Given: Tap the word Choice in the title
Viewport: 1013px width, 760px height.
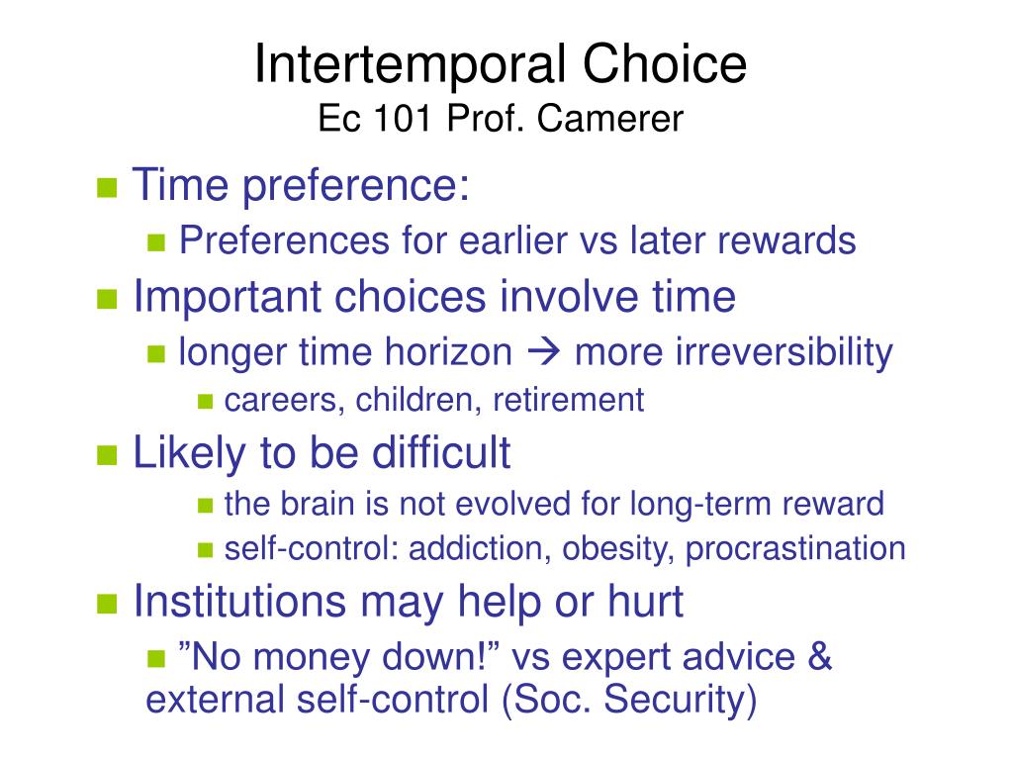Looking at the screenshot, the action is point(665,63).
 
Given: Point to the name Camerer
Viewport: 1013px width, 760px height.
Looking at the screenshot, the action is point(609,119).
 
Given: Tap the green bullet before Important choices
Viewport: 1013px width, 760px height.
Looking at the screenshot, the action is point(107,299).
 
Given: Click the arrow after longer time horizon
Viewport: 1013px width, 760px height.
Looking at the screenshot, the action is point(543,353).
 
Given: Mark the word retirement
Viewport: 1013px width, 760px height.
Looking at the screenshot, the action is point(569,400).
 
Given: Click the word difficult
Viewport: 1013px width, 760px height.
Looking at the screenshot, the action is point(441,451).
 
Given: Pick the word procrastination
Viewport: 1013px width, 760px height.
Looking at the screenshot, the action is point(795,548).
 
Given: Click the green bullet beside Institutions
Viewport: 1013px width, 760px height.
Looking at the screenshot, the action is point(107,605).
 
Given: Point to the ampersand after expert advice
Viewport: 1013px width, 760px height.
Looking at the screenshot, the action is point(819,657).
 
